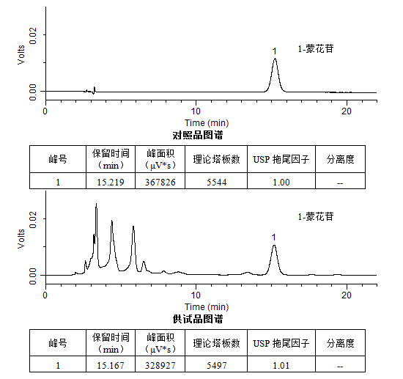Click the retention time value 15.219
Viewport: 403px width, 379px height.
coord(111,183)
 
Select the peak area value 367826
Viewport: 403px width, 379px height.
coord(160,183)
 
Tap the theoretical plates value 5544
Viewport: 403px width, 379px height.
coord(217,183)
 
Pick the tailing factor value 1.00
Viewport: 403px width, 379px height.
coord(281,183)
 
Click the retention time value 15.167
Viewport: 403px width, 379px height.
coord(111,365)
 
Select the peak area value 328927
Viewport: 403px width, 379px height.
coord(160,365)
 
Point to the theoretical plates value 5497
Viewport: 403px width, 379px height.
coord(217,365)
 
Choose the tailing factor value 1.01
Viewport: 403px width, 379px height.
coord(281,365)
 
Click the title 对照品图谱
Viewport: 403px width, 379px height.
coord(198,135)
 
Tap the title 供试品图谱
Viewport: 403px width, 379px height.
coord(198,319)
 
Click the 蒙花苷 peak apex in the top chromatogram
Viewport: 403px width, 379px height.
coord(275,59)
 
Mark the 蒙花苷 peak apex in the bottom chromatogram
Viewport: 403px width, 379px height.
coord(274,245)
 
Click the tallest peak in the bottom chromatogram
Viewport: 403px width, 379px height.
coord(97,204)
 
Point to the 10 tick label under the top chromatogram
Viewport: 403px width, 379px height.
coord(196,111)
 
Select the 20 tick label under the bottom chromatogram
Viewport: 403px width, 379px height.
coord(347,295)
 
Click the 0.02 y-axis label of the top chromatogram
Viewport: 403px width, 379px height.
coord(33,36)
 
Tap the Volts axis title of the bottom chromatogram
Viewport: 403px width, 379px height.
coord(21,239)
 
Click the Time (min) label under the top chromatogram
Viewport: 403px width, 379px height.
coord(207,123)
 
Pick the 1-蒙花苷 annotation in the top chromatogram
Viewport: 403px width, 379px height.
coord(316,48)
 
